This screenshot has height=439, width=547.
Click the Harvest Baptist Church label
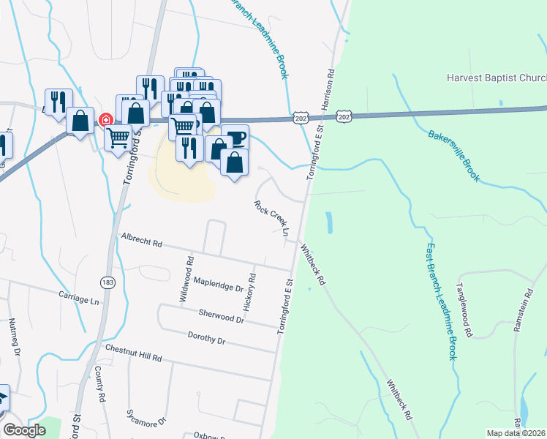tap(497, 78)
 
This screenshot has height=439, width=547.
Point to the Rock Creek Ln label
tap(272, 218)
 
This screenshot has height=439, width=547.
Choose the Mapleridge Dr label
tap(218, 284)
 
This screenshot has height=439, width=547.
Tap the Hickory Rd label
tap(249, 292)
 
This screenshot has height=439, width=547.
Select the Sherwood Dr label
tap(221, 316)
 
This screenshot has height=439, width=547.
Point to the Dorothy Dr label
tap(206, 339)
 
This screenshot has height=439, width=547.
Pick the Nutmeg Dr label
tap(13, 337)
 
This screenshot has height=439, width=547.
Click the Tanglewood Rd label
tap(464, 310)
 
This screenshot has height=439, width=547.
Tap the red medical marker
tap(105, 119)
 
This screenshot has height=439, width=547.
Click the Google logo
tap(24, 431)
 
